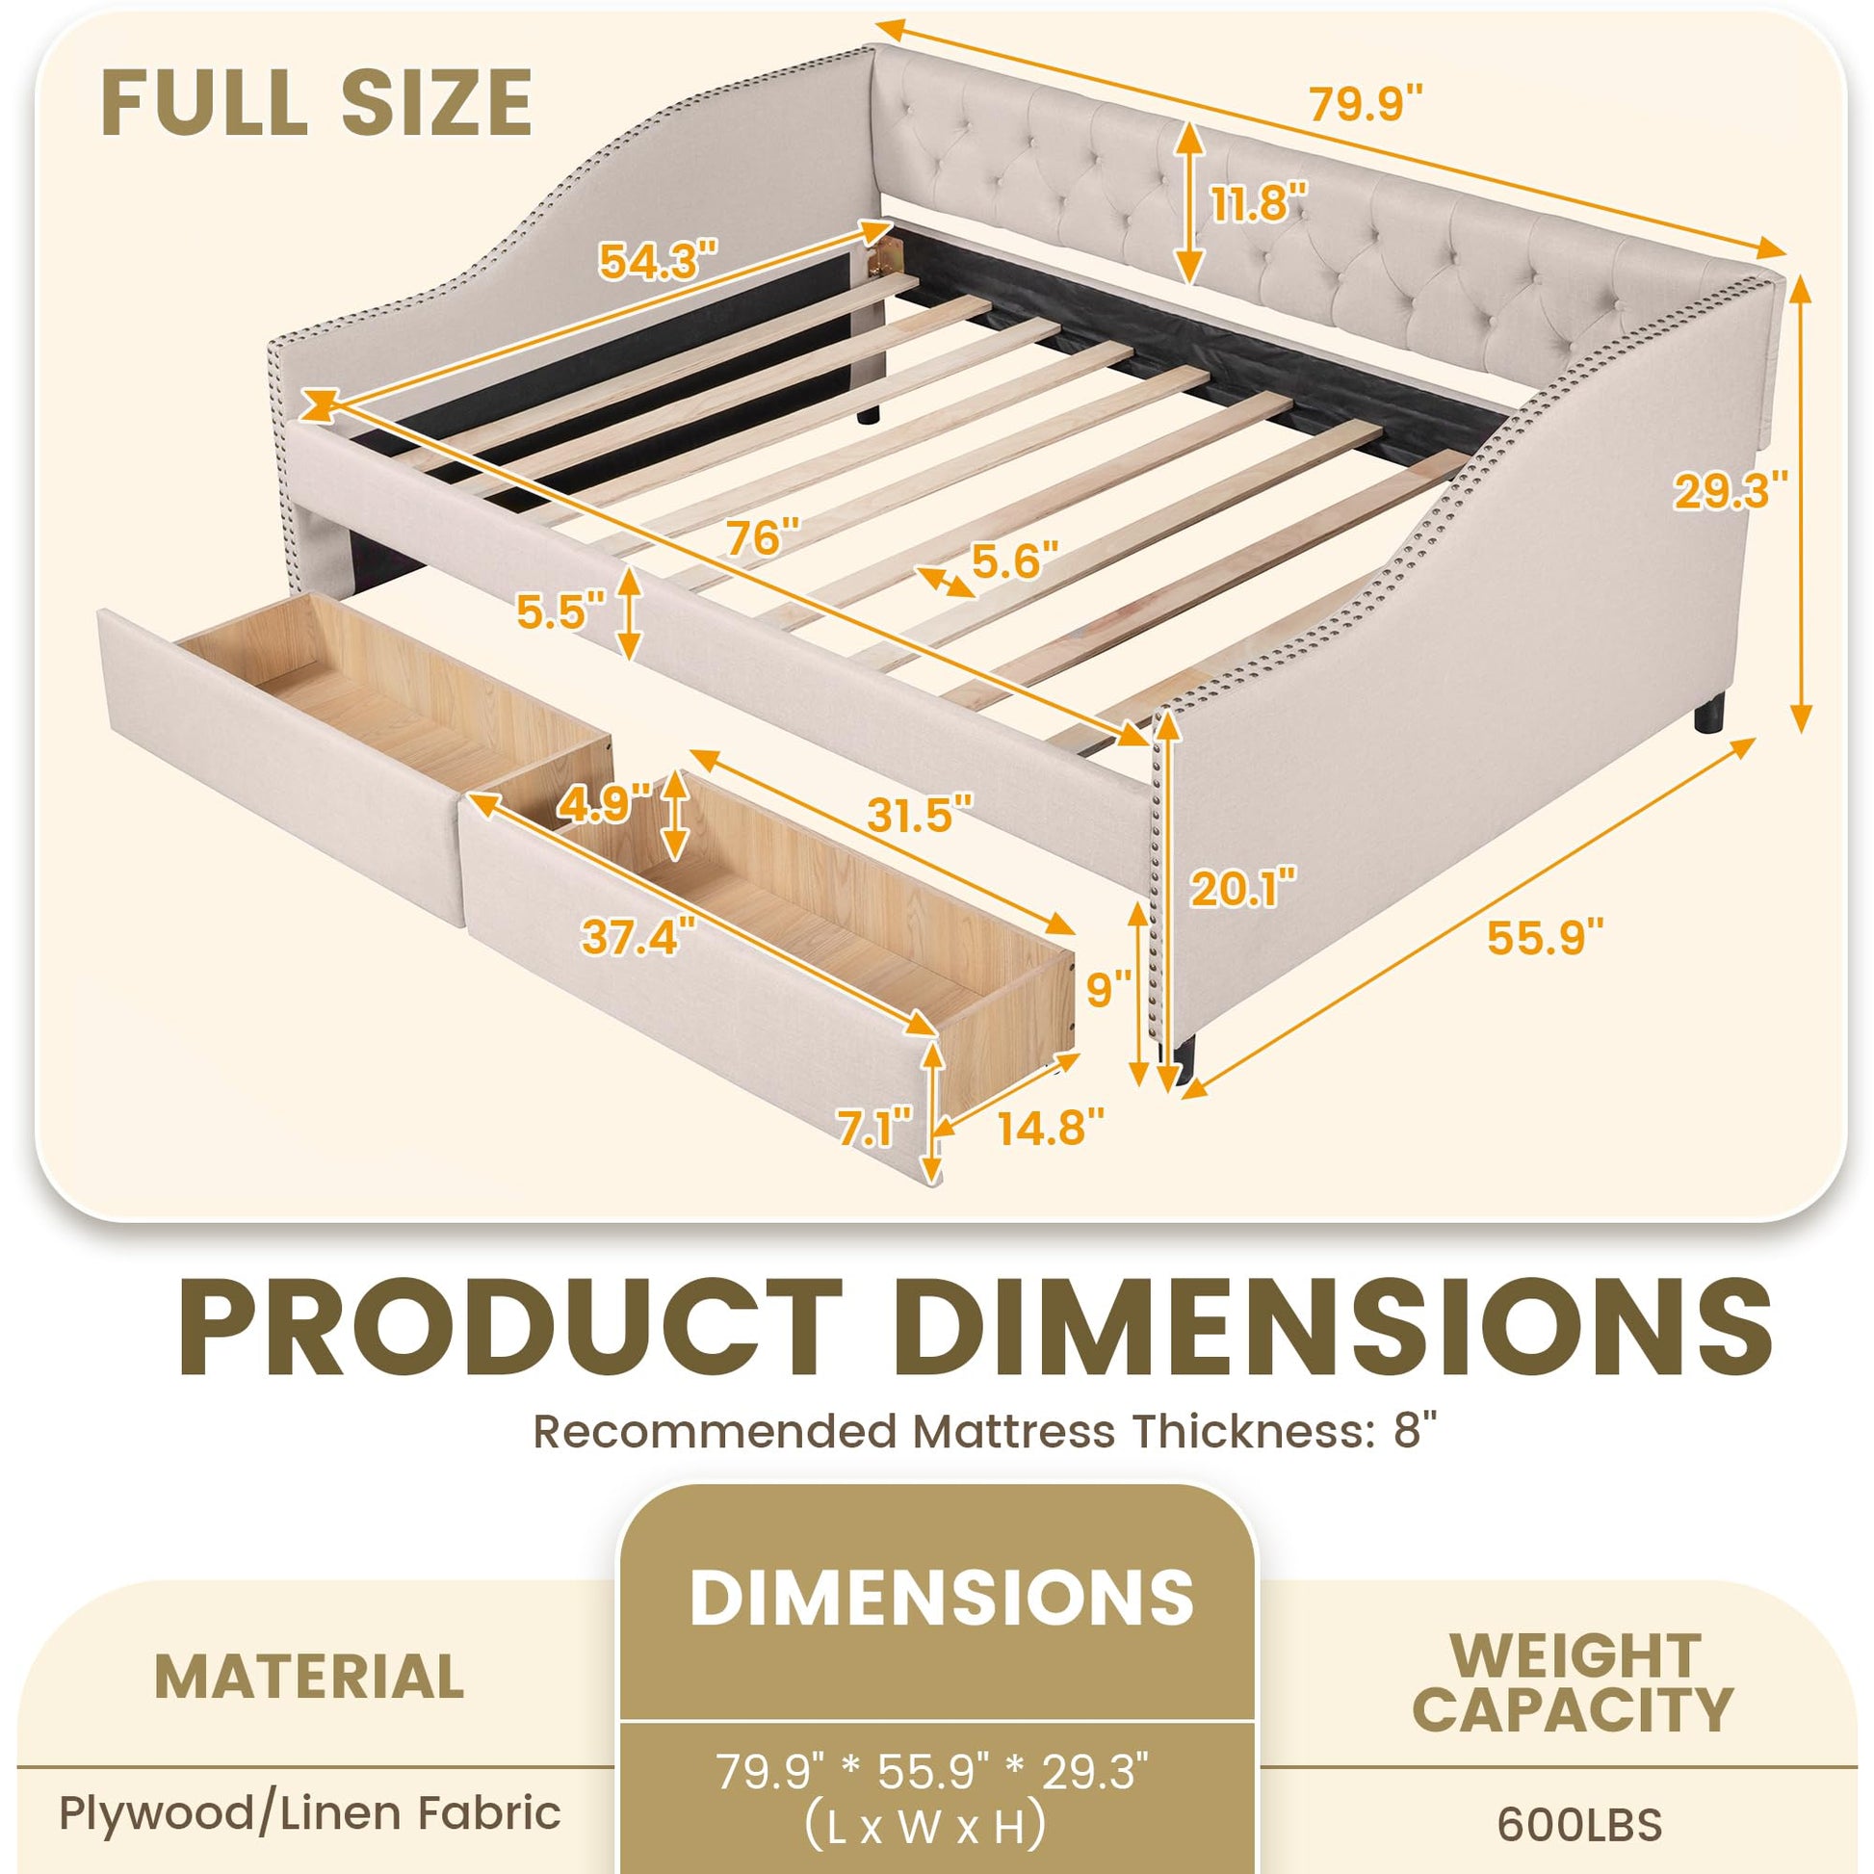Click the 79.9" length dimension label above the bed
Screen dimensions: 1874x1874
click(x=1366, y=104)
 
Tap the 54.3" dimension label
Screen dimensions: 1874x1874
click(x=659, y=260)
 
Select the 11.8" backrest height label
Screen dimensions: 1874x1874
click(x=1260, y=205)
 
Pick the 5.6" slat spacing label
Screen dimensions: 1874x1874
click(x=1014, y=560)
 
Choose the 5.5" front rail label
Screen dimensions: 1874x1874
click(x=561, y=612)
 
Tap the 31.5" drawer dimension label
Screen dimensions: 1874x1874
click(x=919, y=815)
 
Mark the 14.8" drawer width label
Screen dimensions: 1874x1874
click(x=1051, y=1127)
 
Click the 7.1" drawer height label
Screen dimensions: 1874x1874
click(x=876, y=1129)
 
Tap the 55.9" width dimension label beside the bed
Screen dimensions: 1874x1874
click(x=1546, y=937)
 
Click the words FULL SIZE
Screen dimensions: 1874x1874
click(x=316, y=104)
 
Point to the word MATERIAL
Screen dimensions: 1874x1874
click(x=309, y=1677)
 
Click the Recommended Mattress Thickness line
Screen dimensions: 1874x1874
click(x=983, y=1431)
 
